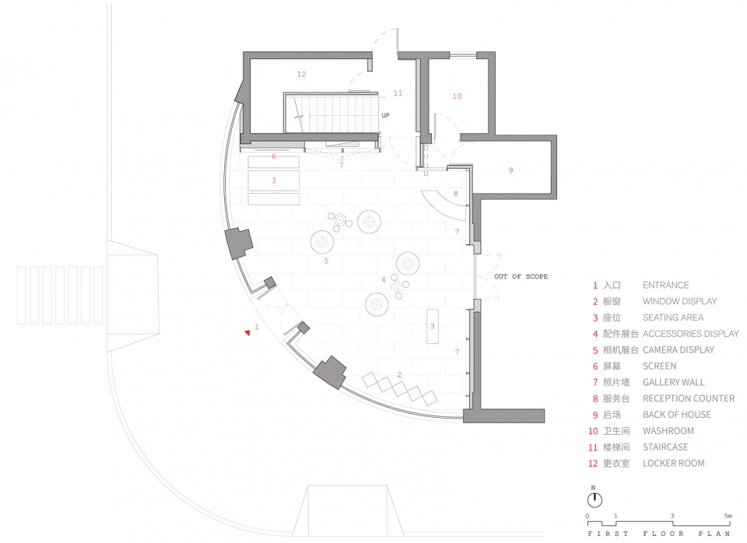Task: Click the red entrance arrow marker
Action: tap(247, 332)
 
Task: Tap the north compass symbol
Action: tap(594, 499)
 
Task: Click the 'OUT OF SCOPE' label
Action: tap(521, 276)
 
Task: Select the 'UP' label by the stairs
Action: tap(385, 115)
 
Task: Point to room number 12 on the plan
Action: tap(301, 75)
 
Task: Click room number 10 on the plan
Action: tap(457, 96)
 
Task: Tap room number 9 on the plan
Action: tap(510, 170)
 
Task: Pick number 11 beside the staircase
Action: tap(398, 93)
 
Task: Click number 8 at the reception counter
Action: tap(455, 194)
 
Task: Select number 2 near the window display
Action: tap(399, 375)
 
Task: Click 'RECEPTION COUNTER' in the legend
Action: tap(689, 398)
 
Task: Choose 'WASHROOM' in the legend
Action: tap(668, 431)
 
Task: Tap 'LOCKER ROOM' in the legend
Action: tap(673, 463)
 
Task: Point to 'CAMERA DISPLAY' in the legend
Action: tap(679, 349)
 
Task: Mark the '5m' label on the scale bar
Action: tap(728, 516)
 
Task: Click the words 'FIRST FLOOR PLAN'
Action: tap(659, 534)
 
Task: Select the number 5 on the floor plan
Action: tap(326, 261)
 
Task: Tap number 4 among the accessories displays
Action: tap(383, 280)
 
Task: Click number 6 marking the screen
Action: tap(273, 156)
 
